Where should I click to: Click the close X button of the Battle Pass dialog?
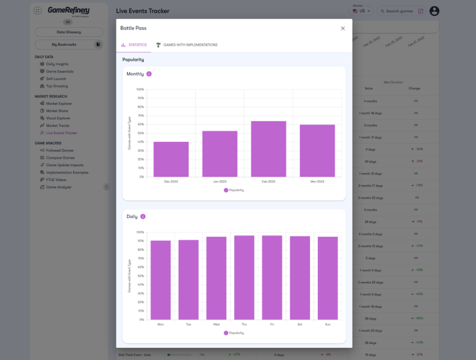point(343,29)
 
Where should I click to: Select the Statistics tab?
point(134,45)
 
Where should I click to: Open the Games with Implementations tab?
point(187,45)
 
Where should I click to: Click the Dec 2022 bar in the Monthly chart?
point(171,159)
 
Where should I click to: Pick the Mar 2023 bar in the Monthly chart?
point(317,151)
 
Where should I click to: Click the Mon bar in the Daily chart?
point(161,280)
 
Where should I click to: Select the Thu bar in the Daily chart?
point(244,278)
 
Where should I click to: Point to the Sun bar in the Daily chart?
point(328,278)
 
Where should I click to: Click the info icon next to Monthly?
point(149,74)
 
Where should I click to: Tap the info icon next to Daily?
point(143,217)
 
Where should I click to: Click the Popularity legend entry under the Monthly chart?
point(234,190)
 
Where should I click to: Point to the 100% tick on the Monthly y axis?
point(140,89)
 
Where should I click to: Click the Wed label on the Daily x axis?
point(216,324)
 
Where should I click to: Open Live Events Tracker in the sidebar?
point(61,133)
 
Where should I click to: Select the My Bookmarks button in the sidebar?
point(64,45)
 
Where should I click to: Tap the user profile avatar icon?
point(434,11)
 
